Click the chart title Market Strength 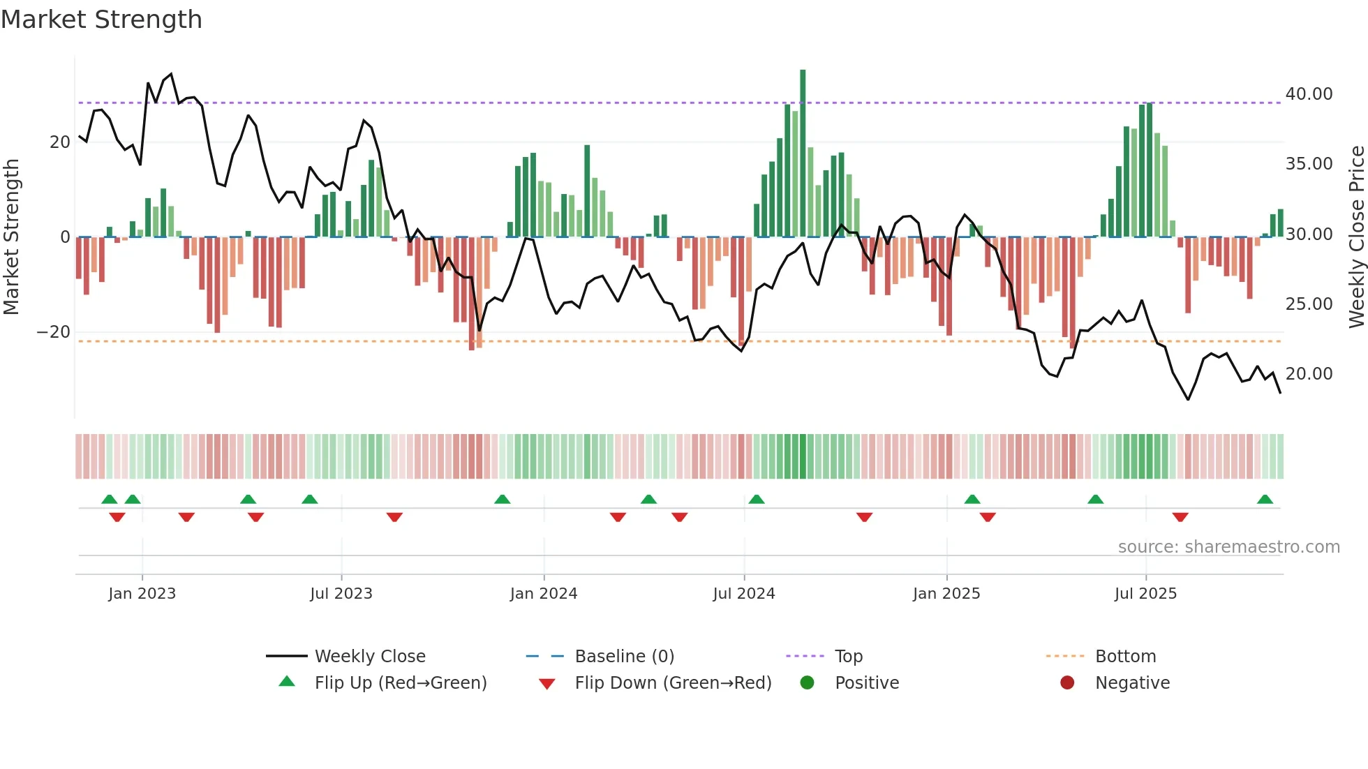[x=101, y=20]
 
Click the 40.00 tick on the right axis [x=1309, y=94]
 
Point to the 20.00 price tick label [x=1309, y=374]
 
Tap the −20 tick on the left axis [x=54, y=332]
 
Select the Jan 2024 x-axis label [x=543, y=594]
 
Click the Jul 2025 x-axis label [x=1145, y=594]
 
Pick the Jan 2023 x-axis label [x=142, y=594]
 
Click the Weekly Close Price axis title [x=1356, y=237]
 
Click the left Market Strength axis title [x=12, y=237]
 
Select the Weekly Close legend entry [x=369, y=657]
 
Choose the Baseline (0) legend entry [x=624, y=657]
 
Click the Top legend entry [x=848, y=657]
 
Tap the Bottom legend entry [x=1125, y=657]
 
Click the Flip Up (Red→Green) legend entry [x=400, y=683]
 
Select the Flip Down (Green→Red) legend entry [x=673, y=683]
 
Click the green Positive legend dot [x=807, y=683]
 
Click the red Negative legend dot [x=1066, y=683]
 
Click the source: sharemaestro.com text [x=1228, y=547]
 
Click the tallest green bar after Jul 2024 [x=803, y=154]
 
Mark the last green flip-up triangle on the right [x=1265, y=500]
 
